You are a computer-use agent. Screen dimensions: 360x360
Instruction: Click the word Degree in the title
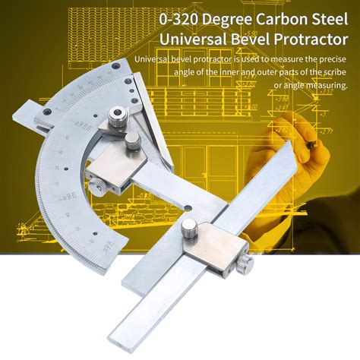[x=213, y=16]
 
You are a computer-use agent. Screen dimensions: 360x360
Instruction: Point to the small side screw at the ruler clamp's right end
[x=247, y=263]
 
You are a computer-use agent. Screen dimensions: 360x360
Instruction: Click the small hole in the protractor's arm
[x=194, y=206]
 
